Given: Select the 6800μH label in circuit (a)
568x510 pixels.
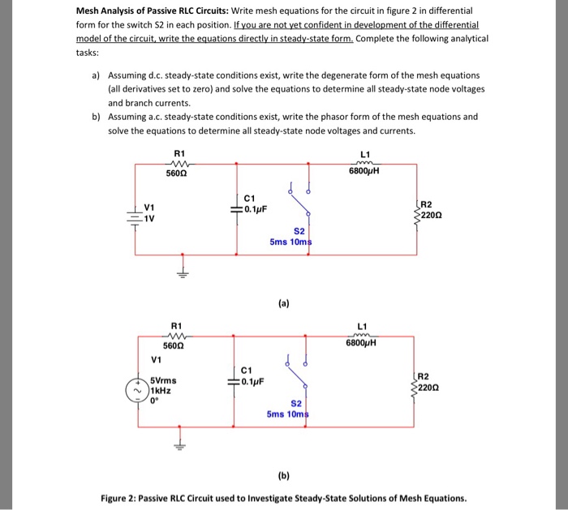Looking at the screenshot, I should coord(363,170).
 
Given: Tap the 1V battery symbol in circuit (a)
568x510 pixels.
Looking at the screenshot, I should coord(132,216).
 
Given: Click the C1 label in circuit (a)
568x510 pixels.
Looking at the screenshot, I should coord(249,198).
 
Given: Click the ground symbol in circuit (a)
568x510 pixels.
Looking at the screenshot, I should coord(183,272).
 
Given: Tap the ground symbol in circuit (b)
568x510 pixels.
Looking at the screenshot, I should coord(183,444).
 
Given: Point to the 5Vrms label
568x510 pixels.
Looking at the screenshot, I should coord(164,379).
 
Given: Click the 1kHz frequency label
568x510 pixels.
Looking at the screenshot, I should coord(159,389).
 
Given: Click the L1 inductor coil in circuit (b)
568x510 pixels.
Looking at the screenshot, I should coord(363,333).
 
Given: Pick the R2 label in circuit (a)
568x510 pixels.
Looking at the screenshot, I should coord(429,204).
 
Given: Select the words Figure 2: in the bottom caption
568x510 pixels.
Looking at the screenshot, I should coord(125,498).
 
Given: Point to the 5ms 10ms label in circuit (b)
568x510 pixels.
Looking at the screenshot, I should coord(289,414).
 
